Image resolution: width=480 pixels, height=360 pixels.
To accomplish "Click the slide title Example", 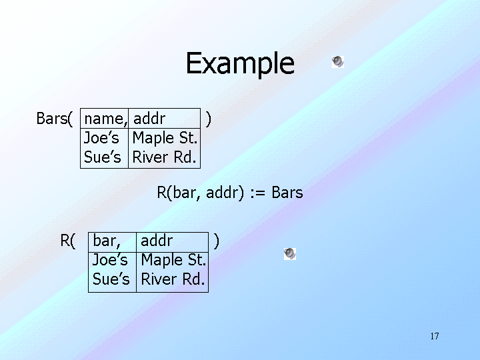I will (x=239, y=63).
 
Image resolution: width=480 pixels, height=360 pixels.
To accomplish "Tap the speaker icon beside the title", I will (x=338, y=62).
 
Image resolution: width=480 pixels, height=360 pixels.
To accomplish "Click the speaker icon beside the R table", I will (x=289, y=253).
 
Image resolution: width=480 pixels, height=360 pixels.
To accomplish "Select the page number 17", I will (x=435, y=336).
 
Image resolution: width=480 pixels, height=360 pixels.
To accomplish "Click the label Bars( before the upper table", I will (x=53, y=119).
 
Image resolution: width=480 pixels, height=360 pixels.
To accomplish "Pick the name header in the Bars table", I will (x=105, y=119).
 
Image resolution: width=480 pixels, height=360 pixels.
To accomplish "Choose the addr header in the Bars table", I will (x=149, y=119).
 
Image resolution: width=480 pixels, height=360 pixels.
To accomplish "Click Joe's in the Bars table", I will (x=101, y=139).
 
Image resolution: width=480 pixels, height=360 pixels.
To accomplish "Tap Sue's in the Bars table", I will (x=102, y=158).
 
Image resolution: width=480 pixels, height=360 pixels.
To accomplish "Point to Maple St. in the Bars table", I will (x=165, y=139).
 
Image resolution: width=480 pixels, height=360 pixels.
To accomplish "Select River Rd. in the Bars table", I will (x=164, y=158).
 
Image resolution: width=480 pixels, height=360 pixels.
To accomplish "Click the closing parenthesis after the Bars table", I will (x=209, y=119).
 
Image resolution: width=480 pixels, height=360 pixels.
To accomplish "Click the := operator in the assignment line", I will (x=258, y=193).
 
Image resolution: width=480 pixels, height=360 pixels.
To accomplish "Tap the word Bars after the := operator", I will (x=287, y=193).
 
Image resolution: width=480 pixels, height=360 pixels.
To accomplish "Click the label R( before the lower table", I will (x=68, y=241).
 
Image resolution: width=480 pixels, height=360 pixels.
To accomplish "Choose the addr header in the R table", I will (x=157, y=241).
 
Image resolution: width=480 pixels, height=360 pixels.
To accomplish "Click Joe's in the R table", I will (x=110, y=260).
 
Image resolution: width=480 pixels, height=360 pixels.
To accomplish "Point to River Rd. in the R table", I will (x=173, y=279).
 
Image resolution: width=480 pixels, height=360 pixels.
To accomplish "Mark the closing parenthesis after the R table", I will (x=216, y=241).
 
